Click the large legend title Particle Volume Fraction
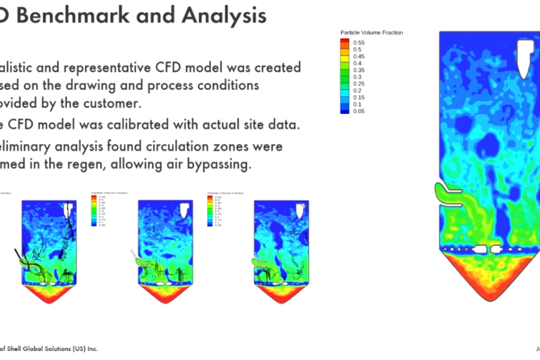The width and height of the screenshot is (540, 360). pyautogui.click(x=371, y=32)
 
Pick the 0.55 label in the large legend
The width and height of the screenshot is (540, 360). pyautogui.click(x=359, y=42)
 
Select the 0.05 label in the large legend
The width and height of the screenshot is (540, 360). pyautogui.click(x=359, y=111)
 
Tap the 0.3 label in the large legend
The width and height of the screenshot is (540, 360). pyautogui.click(x=357, y=77)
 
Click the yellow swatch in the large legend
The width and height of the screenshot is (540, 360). pyautogui.click(x=345, y=56)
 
